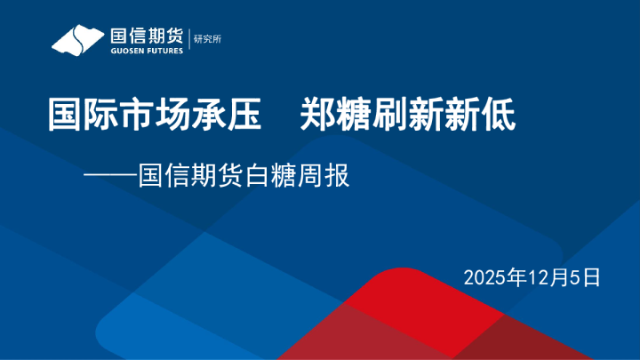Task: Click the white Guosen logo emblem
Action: pyautogui.click(x=78, y=40)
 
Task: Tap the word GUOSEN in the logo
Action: pyautogui.click(x=125, y=51)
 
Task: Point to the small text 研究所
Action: pyautogui.click(x=207, y=38)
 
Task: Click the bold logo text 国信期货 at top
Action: pyautogui.click(x=146, y=36)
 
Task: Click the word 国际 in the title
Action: pyautogui.click(x=74, y=116)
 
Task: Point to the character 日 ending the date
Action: pyautogui.click(x=593, y=276)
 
